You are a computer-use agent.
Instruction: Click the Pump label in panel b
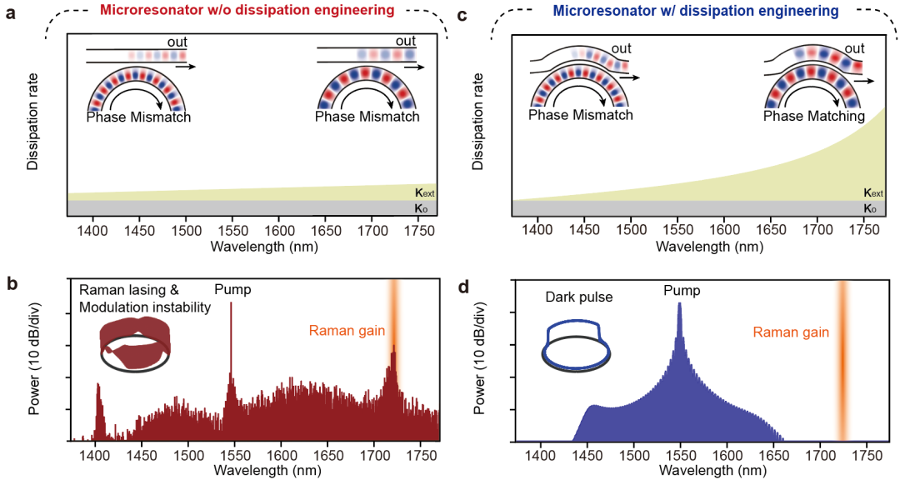click(232, 289)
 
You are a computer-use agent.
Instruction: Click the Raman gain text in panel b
click(347, 331)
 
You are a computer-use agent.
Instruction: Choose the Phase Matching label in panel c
click(814, 117)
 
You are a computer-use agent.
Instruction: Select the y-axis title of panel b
click(38, 364)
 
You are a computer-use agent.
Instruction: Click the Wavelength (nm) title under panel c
click(710, 247)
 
